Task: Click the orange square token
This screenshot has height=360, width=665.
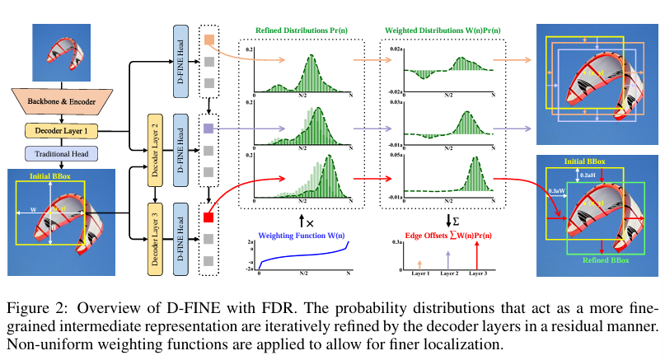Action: click(x=208, y=39)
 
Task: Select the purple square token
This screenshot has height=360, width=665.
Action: click(x=208, y=129)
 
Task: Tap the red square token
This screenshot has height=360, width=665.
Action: click(x=208, y=217)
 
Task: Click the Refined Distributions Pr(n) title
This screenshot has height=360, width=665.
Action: click(x=302, y=30)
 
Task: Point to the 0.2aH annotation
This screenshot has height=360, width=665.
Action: click(x=589, y=175)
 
